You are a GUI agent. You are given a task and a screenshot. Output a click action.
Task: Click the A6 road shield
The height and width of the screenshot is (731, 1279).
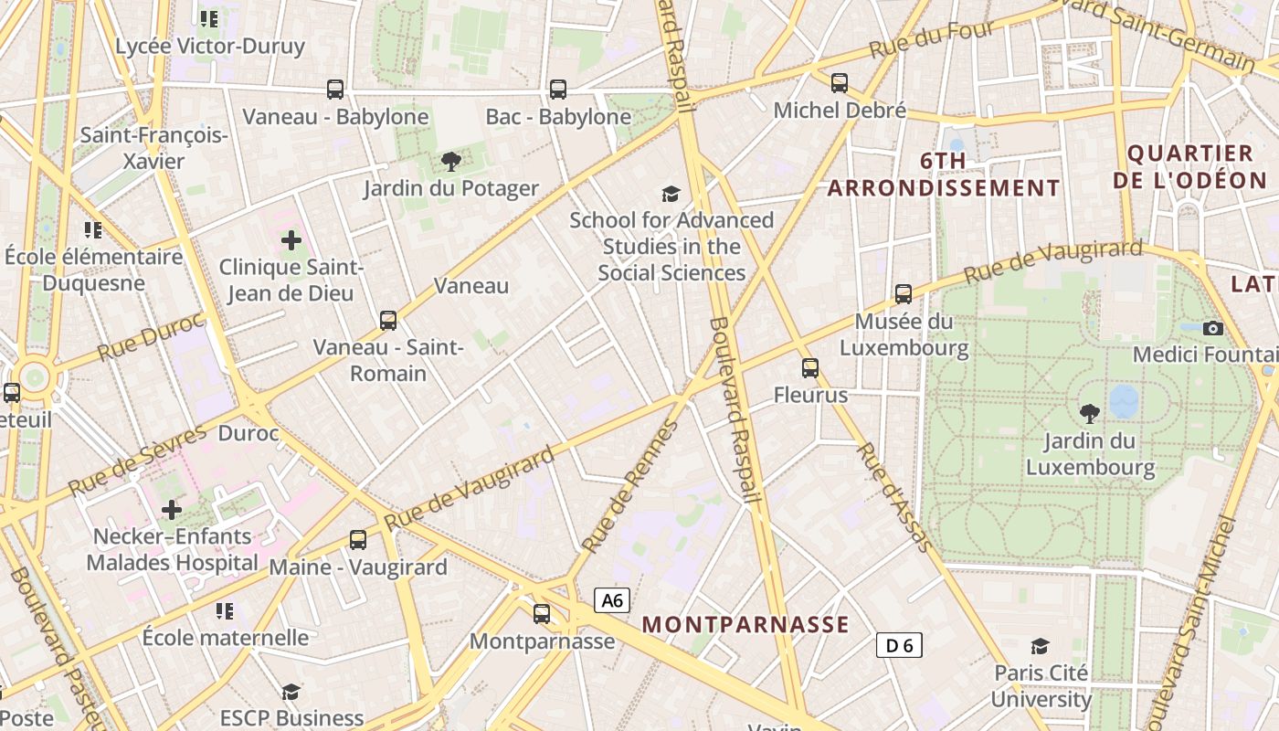coord(612,600)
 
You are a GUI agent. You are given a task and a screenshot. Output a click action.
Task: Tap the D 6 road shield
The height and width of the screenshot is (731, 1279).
coord(899,646)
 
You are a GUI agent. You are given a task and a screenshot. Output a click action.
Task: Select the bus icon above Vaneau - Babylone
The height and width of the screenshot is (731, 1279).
coord(335,90)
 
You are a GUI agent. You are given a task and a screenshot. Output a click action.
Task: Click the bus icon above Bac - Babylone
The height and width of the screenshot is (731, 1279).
coord(558,90)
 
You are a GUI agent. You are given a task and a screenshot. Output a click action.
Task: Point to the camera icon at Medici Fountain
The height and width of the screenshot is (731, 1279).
coord(1213,328)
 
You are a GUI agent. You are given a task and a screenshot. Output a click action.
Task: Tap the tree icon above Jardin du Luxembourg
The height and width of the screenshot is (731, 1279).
coord(1090,413)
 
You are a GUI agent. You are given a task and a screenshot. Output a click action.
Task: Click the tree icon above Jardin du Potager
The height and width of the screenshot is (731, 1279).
coord(450,162)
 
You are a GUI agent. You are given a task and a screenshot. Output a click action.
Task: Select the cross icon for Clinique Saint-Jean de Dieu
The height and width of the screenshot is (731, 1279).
coord(291,240)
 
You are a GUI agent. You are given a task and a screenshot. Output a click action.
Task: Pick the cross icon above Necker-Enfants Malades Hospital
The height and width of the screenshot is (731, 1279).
coord(172,509)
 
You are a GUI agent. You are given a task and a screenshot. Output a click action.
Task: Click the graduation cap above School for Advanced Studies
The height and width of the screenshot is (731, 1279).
coord(671,193)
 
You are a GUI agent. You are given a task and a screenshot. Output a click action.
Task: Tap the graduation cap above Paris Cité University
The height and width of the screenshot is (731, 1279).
coord(1041,647)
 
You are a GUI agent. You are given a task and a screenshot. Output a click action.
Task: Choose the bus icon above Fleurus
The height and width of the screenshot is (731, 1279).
coord(810,368)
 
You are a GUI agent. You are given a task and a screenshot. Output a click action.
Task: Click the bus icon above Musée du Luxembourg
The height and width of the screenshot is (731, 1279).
coord(904,294)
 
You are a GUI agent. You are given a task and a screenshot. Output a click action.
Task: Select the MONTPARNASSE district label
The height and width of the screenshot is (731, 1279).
coord(745,625)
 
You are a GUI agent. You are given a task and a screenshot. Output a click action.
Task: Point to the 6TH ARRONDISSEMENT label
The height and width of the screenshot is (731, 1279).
coord(944,175)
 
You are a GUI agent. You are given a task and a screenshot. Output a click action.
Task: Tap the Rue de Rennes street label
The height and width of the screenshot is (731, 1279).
coord(631,487)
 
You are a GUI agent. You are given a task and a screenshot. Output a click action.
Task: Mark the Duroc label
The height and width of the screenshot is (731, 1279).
coord(248,433)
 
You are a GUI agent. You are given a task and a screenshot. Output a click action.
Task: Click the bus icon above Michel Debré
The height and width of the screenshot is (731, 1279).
coord(840,83)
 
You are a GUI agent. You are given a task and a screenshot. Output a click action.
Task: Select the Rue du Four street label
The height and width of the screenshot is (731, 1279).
coord(932,39)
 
